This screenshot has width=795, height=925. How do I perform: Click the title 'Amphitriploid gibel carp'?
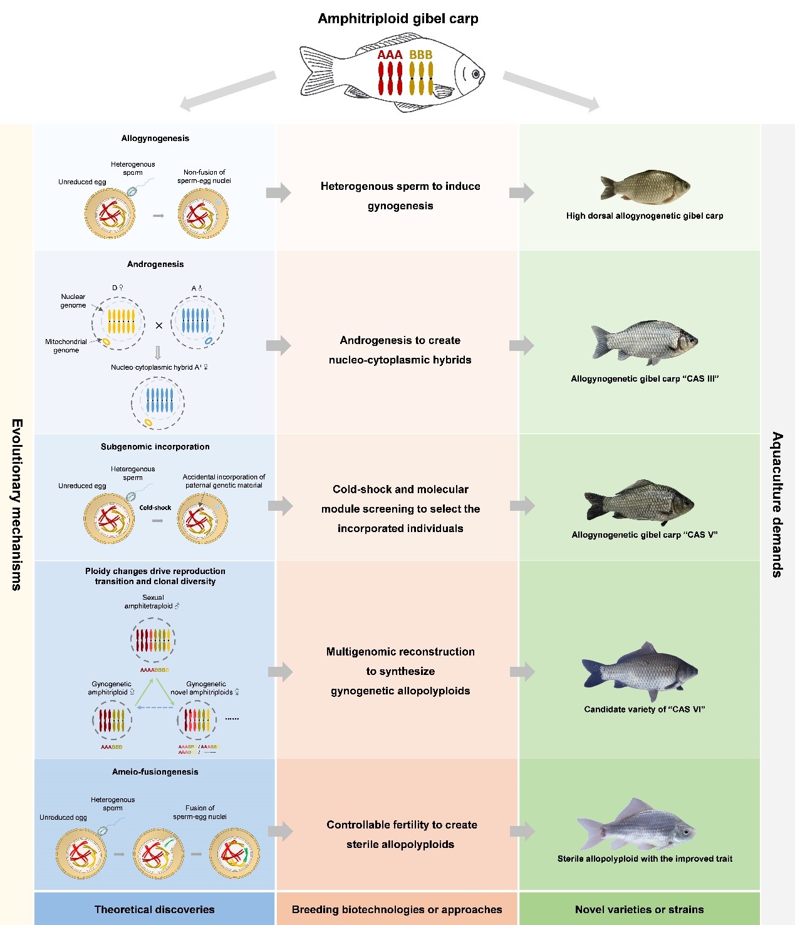(398, 19)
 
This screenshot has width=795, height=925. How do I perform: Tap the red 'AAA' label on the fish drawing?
(390, 55)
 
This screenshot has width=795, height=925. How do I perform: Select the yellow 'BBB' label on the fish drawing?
(421, 55)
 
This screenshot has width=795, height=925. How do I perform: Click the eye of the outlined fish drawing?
(475, 75)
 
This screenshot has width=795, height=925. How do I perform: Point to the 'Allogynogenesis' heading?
(155, 138)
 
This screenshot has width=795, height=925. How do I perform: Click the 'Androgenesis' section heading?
(155, 264)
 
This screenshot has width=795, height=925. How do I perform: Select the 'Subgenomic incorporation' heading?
(155, 447)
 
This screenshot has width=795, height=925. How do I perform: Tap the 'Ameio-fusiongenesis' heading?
(155, 772)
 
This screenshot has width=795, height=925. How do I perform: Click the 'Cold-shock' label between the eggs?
(155, 508)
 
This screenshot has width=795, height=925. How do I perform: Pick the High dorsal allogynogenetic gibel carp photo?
(645, 187)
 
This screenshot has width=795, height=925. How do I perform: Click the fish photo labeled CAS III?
(645, 342)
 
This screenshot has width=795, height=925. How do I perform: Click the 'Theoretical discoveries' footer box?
(154, 909)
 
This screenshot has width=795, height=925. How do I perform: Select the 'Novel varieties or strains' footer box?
(639, 909)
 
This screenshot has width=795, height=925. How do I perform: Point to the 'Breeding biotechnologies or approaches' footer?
(397, 909)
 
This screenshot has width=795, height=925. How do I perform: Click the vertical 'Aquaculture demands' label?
(777, 504)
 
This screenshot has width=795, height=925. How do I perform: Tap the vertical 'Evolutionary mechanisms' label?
(17, 504)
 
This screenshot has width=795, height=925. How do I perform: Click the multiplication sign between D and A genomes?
(158, 325)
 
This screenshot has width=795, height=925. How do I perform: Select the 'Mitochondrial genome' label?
(66, 346)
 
